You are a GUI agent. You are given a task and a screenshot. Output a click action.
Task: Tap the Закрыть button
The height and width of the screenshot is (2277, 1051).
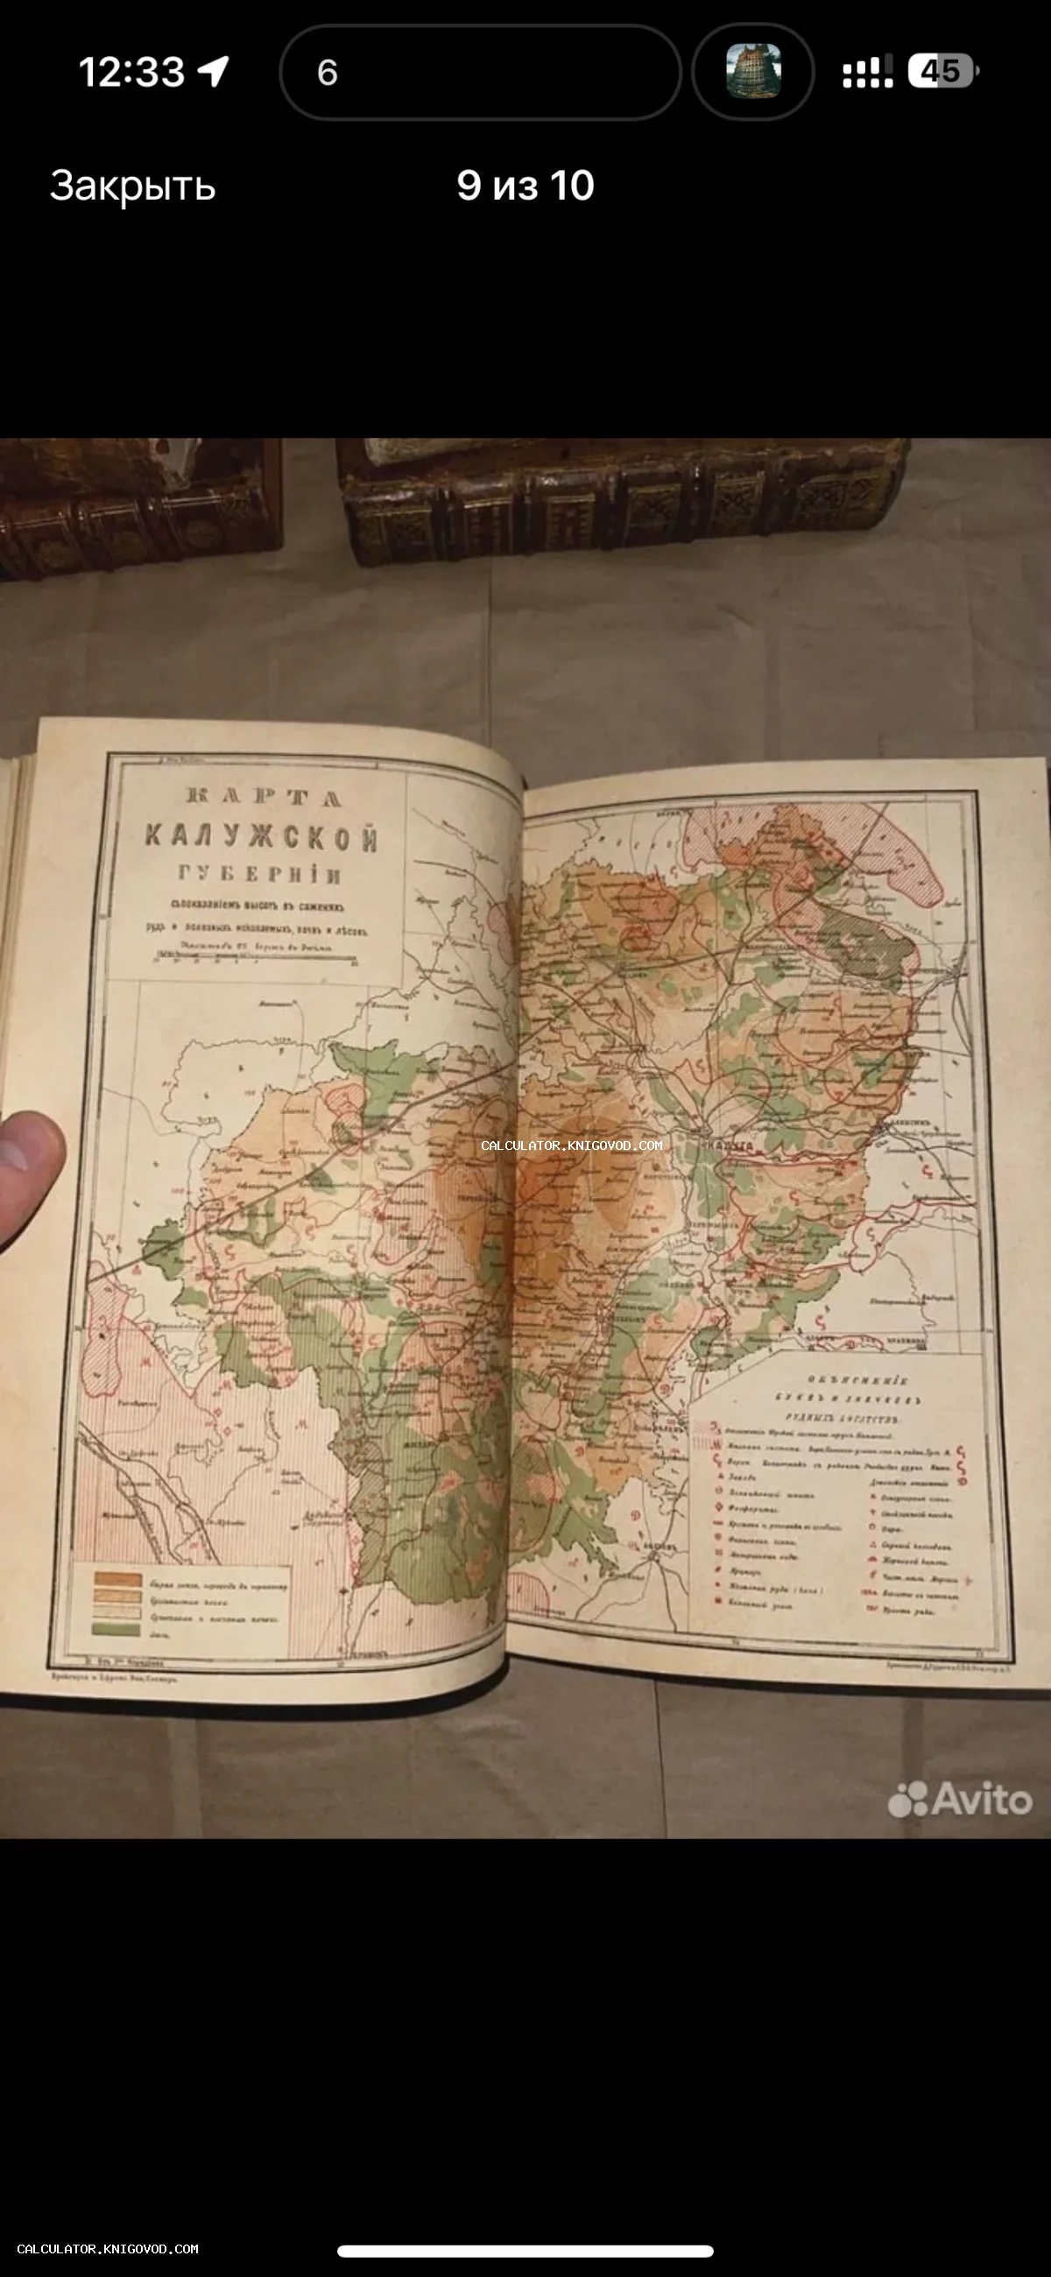[132, 186]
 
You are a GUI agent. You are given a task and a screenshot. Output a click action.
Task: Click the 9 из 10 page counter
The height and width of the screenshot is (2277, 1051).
[525, 186]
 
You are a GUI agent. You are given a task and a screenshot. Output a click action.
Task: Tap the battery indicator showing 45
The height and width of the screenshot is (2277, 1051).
[942, 71]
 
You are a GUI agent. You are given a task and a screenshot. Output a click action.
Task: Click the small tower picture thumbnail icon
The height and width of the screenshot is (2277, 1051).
[753, 71]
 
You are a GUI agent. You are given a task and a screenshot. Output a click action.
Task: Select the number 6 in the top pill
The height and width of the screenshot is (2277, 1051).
[327, 73]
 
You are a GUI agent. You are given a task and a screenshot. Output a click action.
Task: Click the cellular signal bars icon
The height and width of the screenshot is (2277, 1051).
[867, 73]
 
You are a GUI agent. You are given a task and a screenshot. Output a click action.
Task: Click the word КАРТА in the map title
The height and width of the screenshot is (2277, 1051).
[264, 797]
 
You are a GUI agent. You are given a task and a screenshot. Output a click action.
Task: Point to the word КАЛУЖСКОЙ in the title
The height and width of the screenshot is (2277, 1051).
[262, 836]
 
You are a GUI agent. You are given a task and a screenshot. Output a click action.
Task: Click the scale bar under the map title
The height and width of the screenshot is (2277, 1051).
[257, 957]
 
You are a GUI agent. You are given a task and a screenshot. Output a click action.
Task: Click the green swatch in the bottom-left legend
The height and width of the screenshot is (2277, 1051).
[116, 1629]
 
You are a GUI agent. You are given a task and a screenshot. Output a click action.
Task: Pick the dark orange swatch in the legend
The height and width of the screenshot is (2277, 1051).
[117, 1580]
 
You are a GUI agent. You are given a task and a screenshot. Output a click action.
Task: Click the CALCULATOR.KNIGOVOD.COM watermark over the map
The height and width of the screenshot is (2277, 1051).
[571, 1146]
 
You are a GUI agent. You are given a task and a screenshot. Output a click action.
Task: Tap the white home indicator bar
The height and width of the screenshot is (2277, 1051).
[525, 2251]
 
